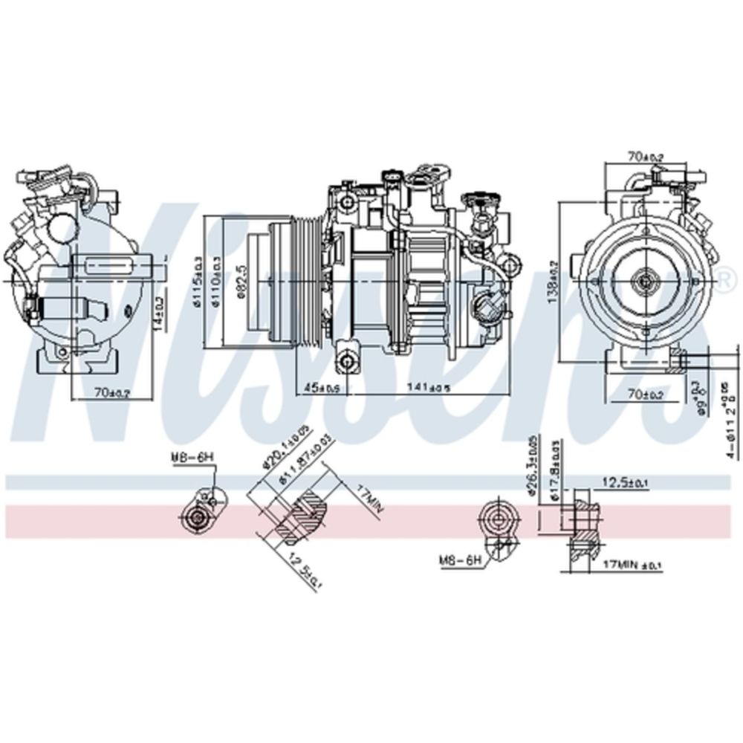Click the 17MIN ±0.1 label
coord(631,565)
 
